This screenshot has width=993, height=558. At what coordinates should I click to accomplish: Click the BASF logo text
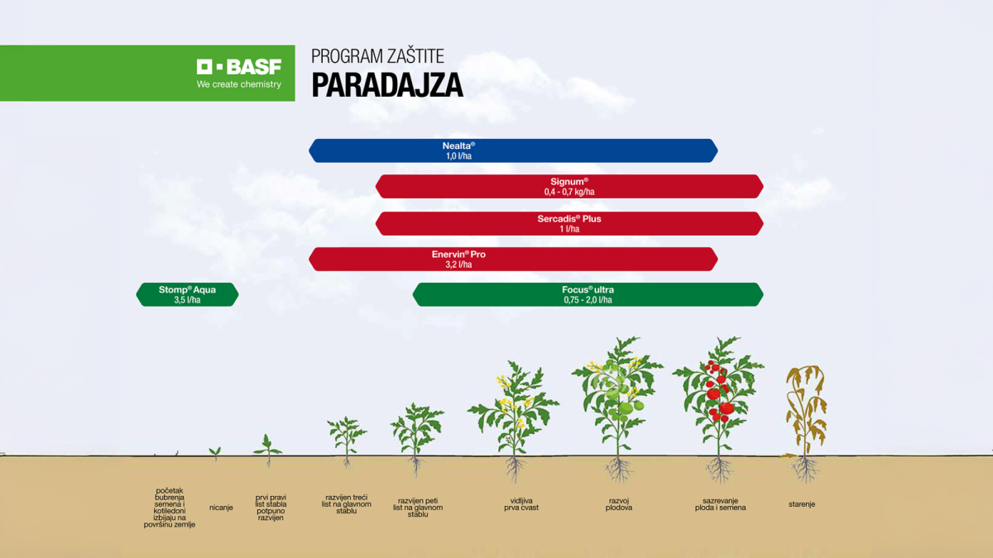(x=239, y=67)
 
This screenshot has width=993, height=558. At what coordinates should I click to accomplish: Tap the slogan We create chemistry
(x=239, y=84)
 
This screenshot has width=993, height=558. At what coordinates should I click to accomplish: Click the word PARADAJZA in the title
(x=386, y=86)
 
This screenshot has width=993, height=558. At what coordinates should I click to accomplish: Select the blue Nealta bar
(x=513, y=150)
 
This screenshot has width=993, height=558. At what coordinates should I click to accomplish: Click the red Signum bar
(x=569, y=187)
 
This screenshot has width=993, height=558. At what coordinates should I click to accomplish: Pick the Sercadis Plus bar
(x=569, y=224)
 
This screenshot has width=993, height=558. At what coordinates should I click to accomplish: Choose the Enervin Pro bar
(x=513, y=260)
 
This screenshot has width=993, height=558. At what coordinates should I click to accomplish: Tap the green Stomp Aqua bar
(x=187, y=295)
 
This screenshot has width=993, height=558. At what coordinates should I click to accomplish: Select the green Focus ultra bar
(x=588, y=295)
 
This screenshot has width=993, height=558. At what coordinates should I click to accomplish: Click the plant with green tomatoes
(x=617, y=397)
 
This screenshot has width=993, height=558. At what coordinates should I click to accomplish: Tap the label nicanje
(x=221, y=508)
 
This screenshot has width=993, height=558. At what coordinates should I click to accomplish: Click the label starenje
(x=801, y=504)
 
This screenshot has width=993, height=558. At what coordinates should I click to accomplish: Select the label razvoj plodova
(x=618, y=504)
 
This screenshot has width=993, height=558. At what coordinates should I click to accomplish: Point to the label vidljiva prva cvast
(x=520, y=504)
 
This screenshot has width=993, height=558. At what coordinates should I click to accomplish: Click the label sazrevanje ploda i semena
(x=720, y=504)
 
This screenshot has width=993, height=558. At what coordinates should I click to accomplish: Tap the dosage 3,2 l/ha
(x=458, y=265)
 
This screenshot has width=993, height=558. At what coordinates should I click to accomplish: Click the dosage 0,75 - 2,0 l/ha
(x=588, y=301)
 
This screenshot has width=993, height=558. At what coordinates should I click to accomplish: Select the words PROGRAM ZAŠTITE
(x=377, y=56)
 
